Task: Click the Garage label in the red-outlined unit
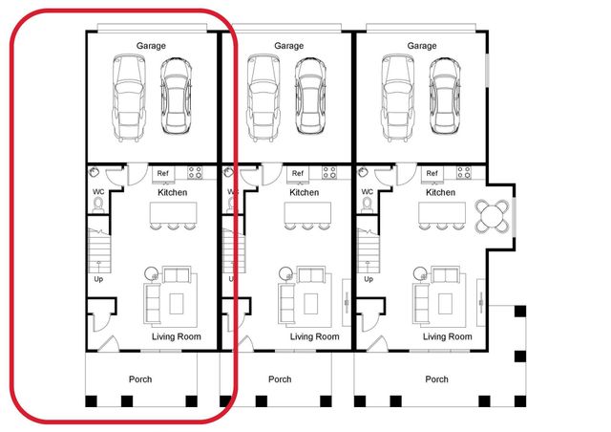[x=153, y=46]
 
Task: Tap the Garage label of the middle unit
[x=288, y=46]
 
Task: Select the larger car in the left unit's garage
[x=128, y=97]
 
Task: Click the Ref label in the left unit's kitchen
[x=162, y=173]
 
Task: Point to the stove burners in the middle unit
[x=330, y=173]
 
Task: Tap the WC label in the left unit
[x=98, y=192]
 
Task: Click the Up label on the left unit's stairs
[x=98, y=280]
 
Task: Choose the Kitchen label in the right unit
[x=440, y=192]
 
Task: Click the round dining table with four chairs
[x=493, y=216]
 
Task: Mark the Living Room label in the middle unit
[x=314, y=336]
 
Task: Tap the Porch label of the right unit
[x=436, y=379]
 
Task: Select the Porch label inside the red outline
[x=141, y=379]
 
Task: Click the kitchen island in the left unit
[x=173, y=216]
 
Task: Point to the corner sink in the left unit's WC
[x=95, y=173]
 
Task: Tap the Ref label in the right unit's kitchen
[x=432, y=173]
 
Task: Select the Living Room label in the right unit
[x=447, y=336]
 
